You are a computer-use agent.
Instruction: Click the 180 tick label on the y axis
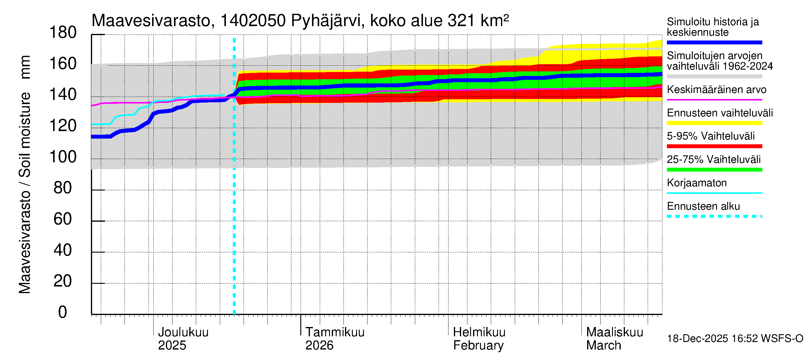63,33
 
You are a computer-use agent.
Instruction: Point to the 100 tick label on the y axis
63,157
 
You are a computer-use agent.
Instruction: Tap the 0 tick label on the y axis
63,312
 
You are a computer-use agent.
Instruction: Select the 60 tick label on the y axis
63,219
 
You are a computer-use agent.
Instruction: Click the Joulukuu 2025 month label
183,339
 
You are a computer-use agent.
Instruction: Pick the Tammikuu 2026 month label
334,339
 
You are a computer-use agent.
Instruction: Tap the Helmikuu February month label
479,339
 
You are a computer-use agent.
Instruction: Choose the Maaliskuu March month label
614,339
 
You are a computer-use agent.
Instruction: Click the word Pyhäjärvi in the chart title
328,21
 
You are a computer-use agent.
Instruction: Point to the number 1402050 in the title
253,21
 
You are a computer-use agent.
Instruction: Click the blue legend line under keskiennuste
714,42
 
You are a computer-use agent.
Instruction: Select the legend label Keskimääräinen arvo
716,90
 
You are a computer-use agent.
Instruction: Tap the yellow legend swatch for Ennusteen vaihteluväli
714,123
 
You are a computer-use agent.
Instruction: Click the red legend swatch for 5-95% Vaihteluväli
714,146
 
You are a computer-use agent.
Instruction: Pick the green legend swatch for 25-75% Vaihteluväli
714,170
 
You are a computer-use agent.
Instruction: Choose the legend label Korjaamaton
697,183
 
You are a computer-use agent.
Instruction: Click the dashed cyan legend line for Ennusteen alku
714,216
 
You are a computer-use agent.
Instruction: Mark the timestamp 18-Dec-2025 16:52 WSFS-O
735,339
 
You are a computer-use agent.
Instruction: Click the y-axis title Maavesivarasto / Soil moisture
25,175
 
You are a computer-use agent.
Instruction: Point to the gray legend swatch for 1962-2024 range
714,76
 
